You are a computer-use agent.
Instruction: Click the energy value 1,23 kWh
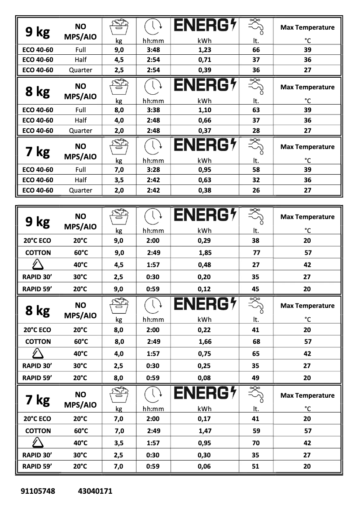[x=204, y=50]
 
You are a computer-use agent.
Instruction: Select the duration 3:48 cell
[x=153, y=50]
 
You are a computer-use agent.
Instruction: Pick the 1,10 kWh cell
[x=204, y=110]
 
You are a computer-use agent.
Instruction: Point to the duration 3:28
[x=153, y=170]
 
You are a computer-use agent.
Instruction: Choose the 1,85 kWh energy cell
[x=205, y=253]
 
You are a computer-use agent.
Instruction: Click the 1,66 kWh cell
[x=205, y=342]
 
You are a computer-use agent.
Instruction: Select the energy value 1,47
[x=205, y=431]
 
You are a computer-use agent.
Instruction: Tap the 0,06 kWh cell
[x=204, y=467]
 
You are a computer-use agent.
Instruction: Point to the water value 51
[x=256, y=467]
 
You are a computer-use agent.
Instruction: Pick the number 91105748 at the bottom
[x=38, y=491]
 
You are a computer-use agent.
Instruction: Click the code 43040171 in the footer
[x=95, y=491]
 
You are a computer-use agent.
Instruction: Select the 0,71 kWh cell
[x=204, y=60]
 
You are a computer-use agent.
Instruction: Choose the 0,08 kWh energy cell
[x=204, y=378]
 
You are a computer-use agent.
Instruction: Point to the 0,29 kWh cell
[x=204, y=241]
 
